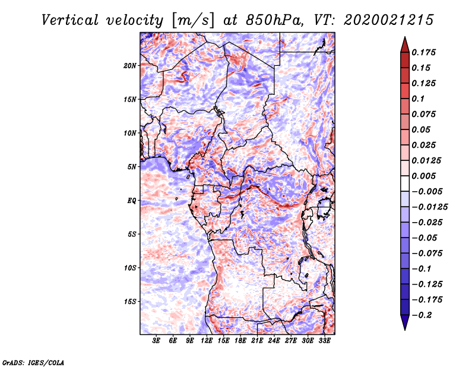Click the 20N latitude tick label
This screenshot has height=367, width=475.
[x=129, y=66]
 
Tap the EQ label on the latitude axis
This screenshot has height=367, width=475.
[x=131, y=201]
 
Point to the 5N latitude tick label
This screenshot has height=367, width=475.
[x=131, y=167]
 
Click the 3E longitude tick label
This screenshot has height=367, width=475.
[x=156, y=341]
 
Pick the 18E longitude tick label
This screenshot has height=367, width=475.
[x=240, y=341]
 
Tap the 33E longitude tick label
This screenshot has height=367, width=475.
[x=324, y=341]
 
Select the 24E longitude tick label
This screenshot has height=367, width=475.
[x=274, y=341]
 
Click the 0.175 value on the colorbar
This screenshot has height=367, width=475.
[x=423, y=52]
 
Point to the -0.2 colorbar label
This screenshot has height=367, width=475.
[x=422, y=315]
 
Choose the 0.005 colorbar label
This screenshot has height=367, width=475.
[x=423, y=176]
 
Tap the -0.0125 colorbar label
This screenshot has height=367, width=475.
[x=429, y=207]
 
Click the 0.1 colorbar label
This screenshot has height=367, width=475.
[x=418, y=99]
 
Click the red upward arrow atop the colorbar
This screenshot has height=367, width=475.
[x=405, y=45]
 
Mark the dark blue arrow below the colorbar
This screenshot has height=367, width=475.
[x=405, y=322]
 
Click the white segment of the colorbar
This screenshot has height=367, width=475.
[x=405, y=183]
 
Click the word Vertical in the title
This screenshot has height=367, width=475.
[x=70, y=20]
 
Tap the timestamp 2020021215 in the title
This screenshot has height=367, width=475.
[x=389, y=20]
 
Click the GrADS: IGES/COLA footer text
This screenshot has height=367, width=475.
[x=33, y=363]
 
